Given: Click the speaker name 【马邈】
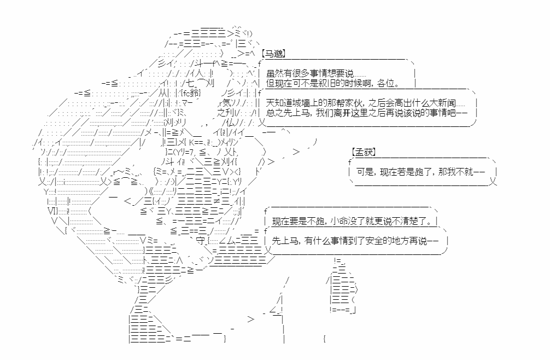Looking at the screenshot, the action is tap(273, 53).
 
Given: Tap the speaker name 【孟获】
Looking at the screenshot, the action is tap(364, 152).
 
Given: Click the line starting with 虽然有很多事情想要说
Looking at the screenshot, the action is tap(316, 74).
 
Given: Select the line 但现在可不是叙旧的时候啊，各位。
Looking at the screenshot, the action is tap(333, 84).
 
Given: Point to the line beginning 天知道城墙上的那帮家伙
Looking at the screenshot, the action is tap(366, 103).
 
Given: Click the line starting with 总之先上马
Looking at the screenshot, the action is tap(366, 113).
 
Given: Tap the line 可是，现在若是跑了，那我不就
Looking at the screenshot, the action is tap(420, 172).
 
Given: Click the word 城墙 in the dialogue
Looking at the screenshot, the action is tap(301, 103).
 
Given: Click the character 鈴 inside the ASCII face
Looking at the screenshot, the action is tap(194, 93).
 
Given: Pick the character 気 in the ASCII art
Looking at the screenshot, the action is tap(227, 103).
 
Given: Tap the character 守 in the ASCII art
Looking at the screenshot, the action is tap(201, 240).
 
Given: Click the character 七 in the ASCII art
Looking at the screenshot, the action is tap(190, 83).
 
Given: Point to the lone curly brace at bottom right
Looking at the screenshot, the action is tap(324, 339).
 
